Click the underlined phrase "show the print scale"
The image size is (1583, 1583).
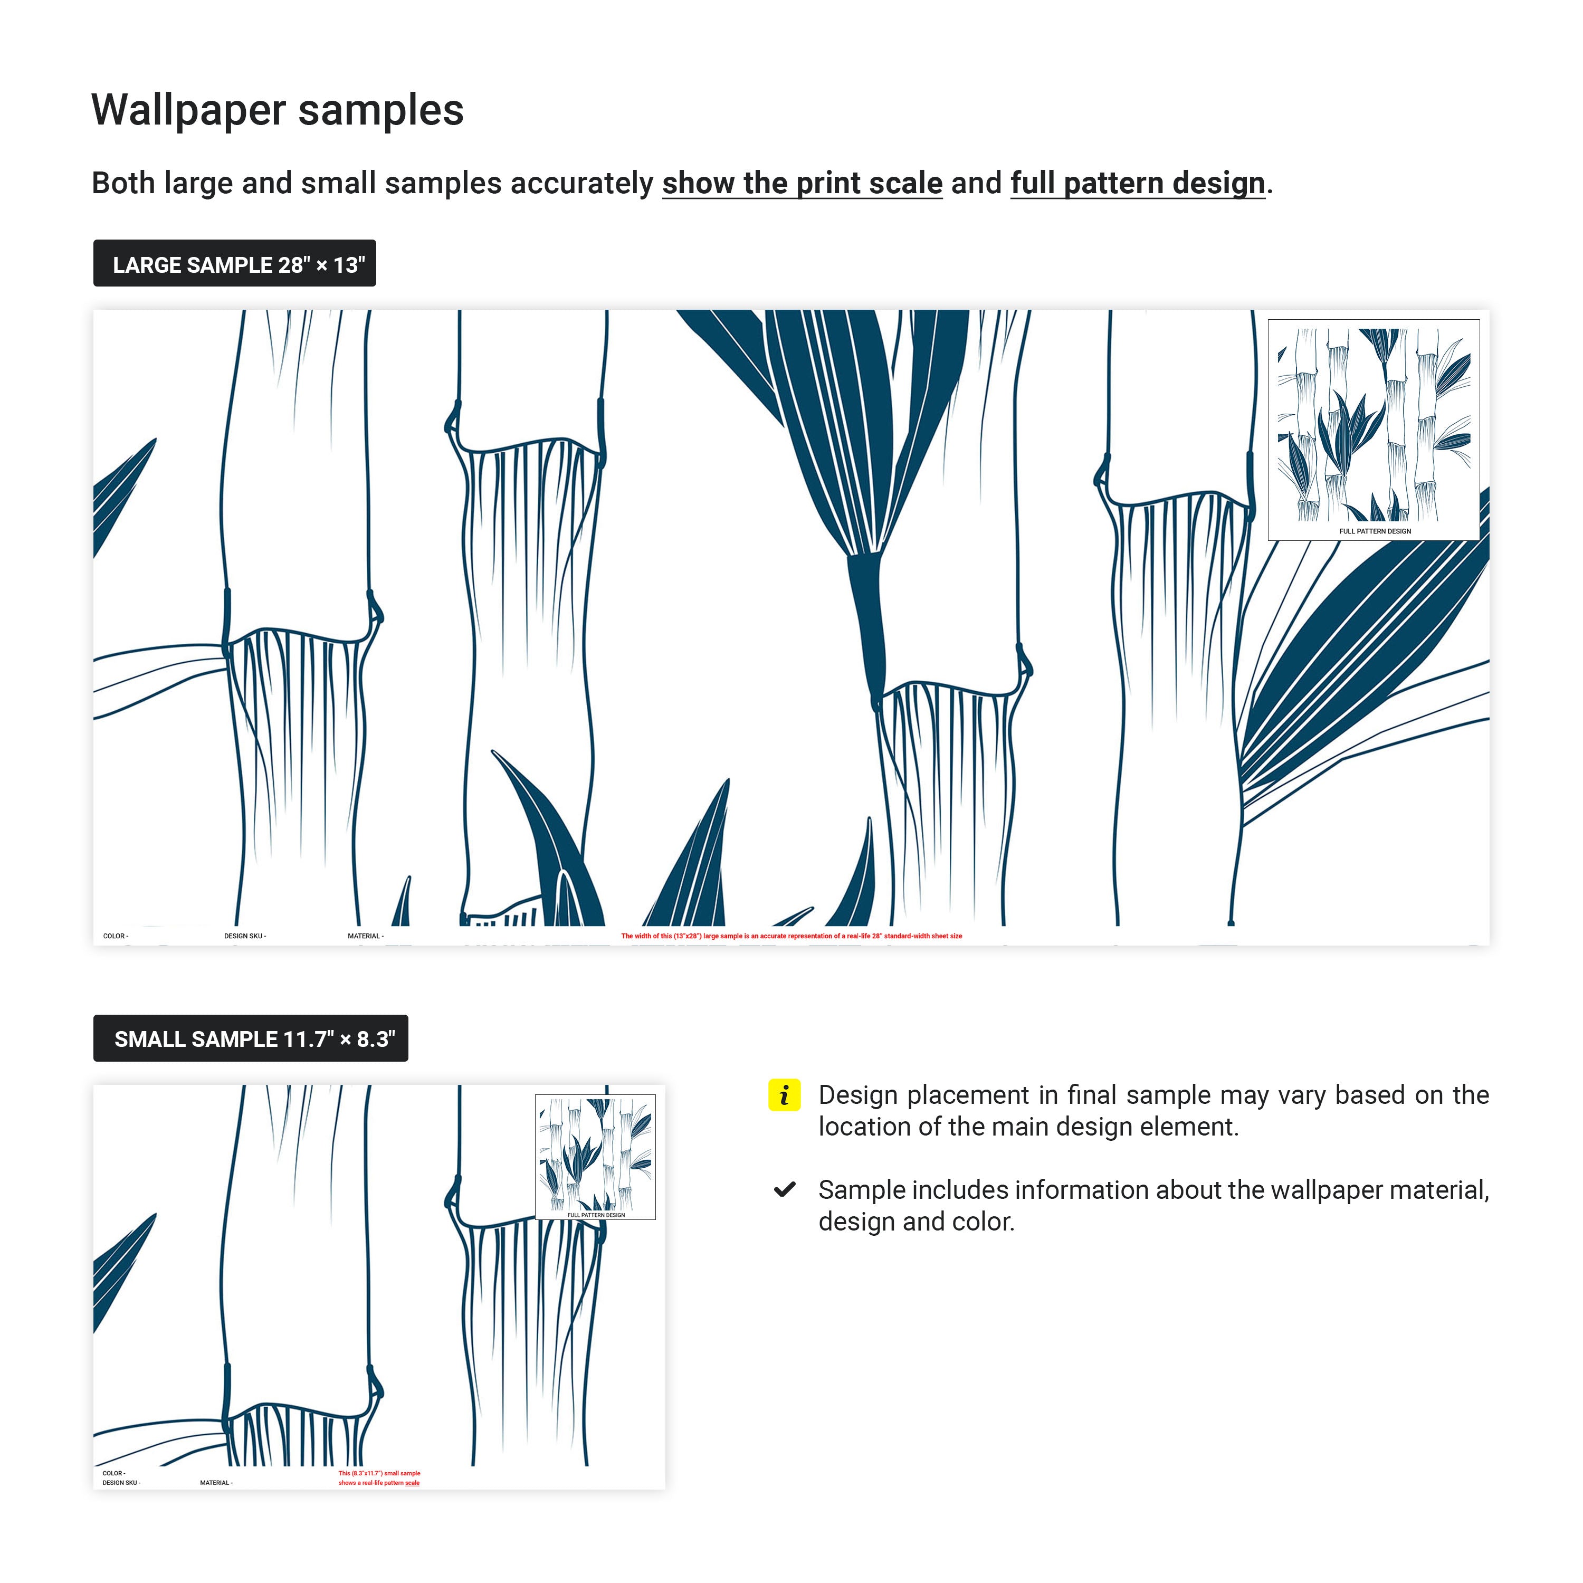[802, 183]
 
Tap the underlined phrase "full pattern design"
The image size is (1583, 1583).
[1137, 183]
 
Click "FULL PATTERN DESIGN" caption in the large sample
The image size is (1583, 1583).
[1375, 531]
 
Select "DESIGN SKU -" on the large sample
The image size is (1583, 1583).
[245, 936]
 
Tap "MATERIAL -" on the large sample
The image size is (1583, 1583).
[366, 936]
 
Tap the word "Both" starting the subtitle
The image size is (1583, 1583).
[123, 183]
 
